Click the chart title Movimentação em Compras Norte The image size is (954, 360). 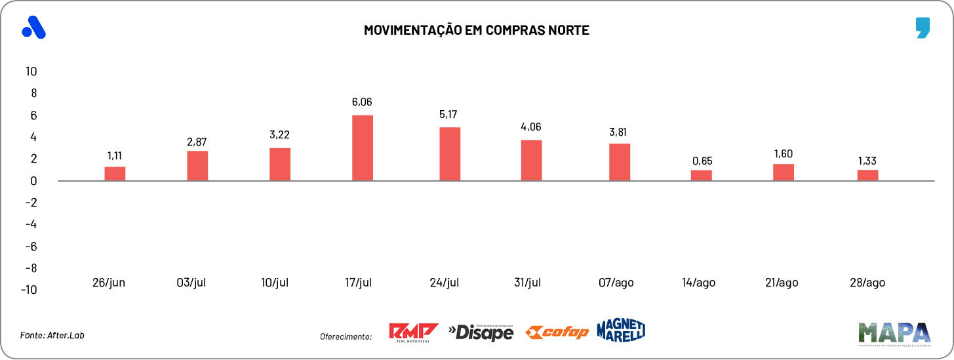(477, 30)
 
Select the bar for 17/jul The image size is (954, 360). (363, 148)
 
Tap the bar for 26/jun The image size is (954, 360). (115, 174)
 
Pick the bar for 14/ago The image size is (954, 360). (701, 175)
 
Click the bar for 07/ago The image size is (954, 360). (619, 162)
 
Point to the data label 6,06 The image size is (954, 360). (363, 102)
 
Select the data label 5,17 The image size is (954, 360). (449, 115)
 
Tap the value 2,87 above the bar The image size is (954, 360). (197, 142)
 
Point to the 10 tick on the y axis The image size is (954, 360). (31, 71)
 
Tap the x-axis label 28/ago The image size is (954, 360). (867, 283)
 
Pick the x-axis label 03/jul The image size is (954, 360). (191, 283)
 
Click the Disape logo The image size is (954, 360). (481, 332)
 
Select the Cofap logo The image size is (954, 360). (557, 332)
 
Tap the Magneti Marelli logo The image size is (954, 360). (621, 330)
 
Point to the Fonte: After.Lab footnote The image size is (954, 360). (52, 335)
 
